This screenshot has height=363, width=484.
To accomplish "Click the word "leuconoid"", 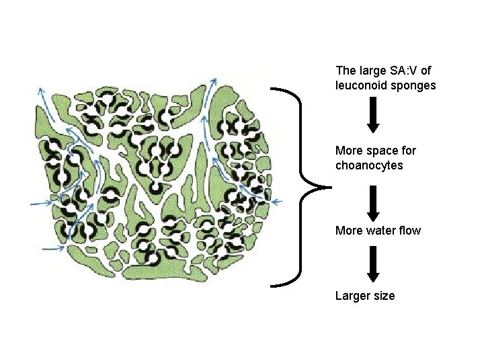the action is [x=362, y=85].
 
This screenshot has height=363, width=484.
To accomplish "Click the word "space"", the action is [x=382, y=150].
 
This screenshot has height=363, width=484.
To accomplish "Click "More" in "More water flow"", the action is [x=349, y=231].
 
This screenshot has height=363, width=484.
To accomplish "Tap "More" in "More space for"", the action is [x=349, y=150].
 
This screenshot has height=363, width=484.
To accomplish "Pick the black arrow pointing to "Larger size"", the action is [x=374, y=265].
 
